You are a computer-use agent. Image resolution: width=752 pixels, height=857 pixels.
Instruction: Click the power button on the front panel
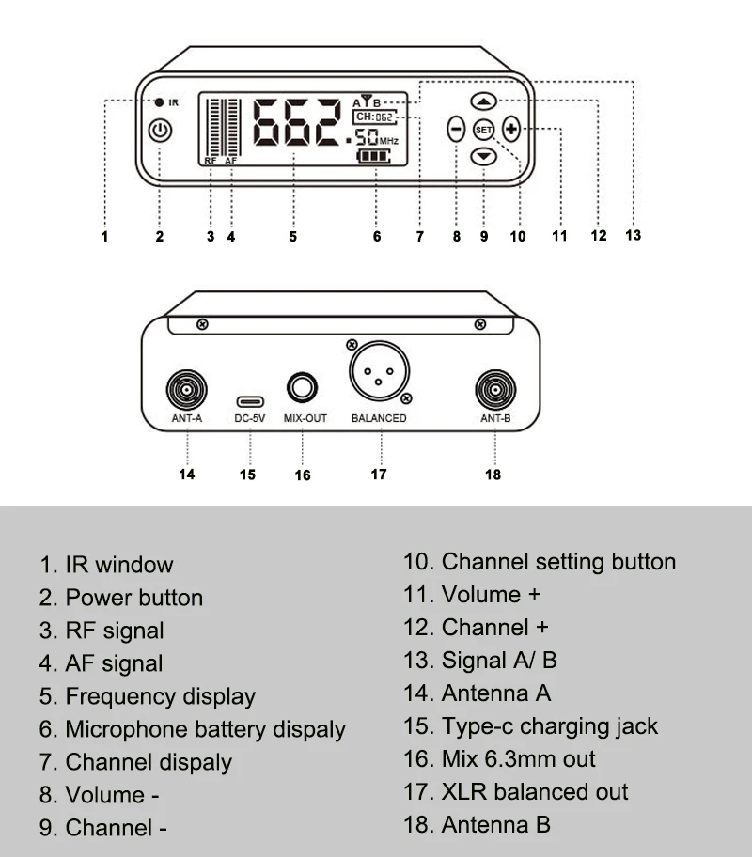click(161, 131)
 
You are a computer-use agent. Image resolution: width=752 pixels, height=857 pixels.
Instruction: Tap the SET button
click(484, 130)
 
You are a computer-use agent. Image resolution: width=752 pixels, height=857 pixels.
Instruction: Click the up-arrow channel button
click(484, 101)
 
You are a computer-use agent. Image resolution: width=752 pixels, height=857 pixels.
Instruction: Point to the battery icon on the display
click(376, 157)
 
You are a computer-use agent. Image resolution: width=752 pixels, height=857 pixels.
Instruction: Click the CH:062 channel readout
click(375, 117)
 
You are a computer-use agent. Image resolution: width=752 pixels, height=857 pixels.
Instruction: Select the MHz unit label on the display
click(389, 141)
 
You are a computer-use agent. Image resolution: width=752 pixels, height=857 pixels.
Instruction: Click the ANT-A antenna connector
click(186, 388)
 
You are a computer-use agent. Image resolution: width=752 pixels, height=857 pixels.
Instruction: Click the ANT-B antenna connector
click(493, 388)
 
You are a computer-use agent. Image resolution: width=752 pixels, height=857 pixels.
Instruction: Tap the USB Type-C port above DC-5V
click(250, 401)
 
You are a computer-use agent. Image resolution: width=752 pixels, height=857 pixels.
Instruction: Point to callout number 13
click(633, 235)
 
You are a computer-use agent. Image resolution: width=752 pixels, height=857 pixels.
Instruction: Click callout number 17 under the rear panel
click(379, 475)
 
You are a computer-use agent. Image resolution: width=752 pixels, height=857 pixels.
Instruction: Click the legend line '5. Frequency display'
click(161, 696)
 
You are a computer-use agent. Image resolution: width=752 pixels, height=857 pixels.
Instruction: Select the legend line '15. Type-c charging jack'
click(531, 726)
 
